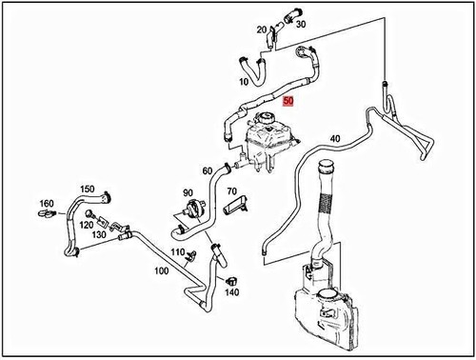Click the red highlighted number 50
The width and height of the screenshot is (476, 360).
coord(288,98)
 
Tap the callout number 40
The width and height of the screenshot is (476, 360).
coord(334,139)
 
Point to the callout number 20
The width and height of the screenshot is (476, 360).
coord(261,30)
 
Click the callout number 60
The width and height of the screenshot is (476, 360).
coord(207,170)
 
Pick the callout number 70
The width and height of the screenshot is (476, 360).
coord(230,191)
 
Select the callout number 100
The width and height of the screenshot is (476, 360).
coord(161,271)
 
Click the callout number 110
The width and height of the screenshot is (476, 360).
coord(176,251)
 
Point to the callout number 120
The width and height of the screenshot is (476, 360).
coord(86,225)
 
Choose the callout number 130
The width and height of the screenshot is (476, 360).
coord(99,236)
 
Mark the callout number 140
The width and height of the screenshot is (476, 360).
coord(231,293)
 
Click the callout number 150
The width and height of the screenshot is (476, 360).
coord(88,190)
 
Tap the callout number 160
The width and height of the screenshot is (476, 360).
coord(46,203)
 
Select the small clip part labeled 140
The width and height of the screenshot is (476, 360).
coord(232,278)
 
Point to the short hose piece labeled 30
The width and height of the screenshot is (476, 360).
coord(284,13)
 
